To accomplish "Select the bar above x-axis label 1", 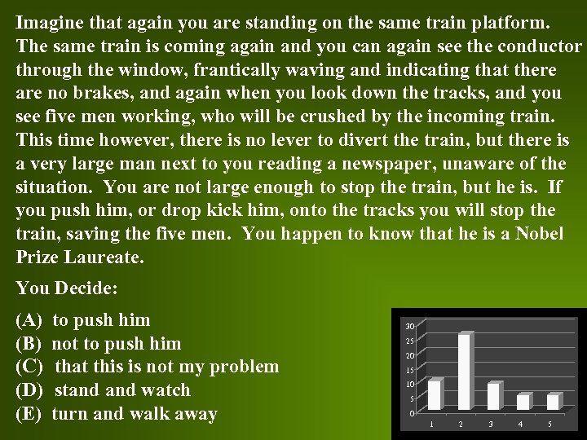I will [435, 394].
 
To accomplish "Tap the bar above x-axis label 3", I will [492, 396].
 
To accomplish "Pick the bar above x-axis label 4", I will [523, 402].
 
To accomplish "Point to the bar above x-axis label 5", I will [552, 402].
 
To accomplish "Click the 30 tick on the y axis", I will [411, 326].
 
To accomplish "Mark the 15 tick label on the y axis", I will [411, 370].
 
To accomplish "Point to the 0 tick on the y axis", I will [413, 413].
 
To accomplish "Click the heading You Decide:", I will [67, 288].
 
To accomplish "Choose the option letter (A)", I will [29, 320].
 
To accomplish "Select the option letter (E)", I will [29, 414].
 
